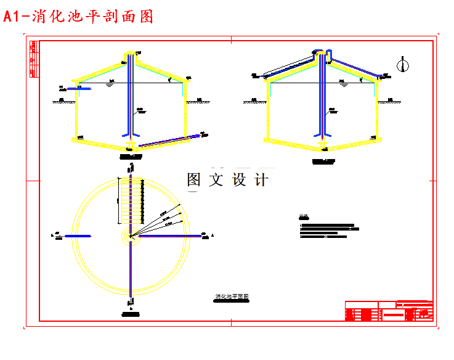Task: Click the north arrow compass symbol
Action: point(403,63)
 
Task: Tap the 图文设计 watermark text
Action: point(228,180)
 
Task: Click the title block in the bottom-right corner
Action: point(389,311)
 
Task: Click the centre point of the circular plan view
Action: point(131,235)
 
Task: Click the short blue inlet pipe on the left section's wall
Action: point(78,89)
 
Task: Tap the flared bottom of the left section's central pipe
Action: point(131,134)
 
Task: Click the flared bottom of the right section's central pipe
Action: point(323,134)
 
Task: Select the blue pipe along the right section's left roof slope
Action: point(290,67)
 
